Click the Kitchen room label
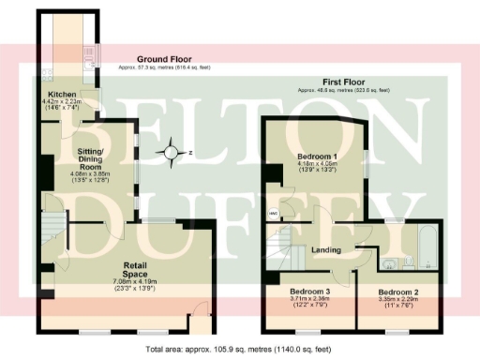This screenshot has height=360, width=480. point(61,95)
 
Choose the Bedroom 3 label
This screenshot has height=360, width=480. point(310,292)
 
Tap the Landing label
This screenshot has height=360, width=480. point(325,250)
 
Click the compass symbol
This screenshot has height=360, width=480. point(171,151)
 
